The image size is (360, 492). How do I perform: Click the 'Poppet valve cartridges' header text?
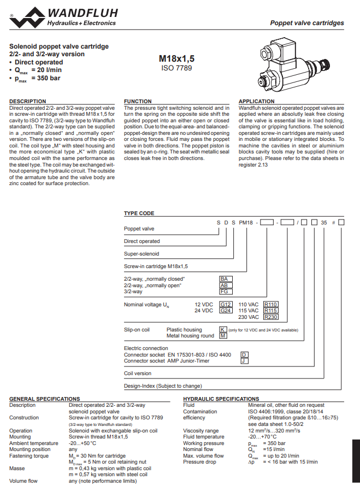pyautogui.click(x=307, y=23)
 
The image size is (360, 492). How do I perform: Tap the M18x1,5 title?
pyautogui.click(x=176, y=58)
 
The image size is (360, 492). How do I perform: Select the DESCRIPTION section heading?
pyautogui.click(x=28, y=102)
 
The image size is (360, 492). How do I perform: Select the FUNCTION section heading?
pyautogui.click(x=138, y=102)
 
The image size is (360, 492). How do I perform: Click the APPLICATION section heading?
pyautogui.click(x=257, y=102)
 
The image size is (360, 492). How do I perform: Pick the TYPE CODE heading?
pyautogui.click(x=139, y=214)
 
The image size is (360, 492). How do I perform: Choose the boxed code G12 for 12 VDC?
pyautogui.click(x=226, y=304)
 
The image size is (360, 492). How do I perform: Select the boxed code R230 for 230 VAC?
pyautogui.click(x=271, y=317)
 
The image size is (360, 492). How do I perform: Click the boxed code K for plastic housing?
pyautogui.click(x=223, y=329)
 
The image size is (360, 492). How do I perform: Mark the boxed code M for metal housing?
pyautogui.click(x=223, y=336)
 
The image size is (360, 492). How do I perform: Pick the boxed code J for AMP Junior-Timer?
pyautogui.click(x=245, y=361)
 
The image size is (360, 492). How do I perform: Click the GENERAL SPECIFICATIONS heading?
pyautogui.click(x=44, y=399)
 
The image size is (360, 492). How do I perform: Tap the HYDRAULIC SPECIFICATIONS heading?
pyautogui.click(x=221, y=399)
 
